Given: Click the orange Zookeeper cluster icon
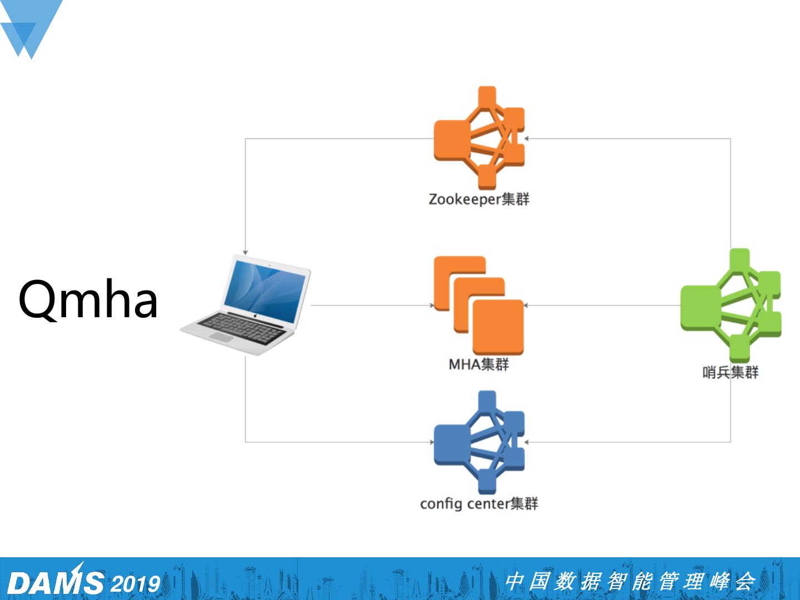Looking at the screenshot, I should (479, 138).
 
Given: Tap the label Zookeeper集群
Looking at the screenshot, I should (479, 199).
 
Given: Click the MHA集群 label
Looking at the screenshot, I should (479, 364).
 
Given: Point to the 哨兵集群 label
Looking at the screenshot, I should (730, 372).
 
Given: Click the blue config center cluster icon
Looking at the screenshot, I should (479, 442).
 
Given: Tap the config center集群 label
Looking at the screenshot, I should (479, 503).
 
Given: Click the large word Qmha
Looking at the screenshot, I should (88, 300).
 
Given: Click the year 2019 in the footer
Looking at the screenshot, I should (136, 584).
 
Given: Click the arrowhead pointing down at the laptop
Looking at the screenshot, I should (245, 252).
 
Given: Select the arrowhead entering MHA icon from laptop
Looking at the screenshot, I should (432, 306).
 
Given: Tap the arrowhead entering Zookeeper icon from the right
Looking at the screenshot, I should (526, 138).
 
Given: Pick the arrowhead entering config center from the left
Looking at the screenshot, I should (432, 442).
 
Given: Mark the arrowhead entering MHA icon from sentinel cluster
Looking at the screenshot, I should (526, 306).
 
